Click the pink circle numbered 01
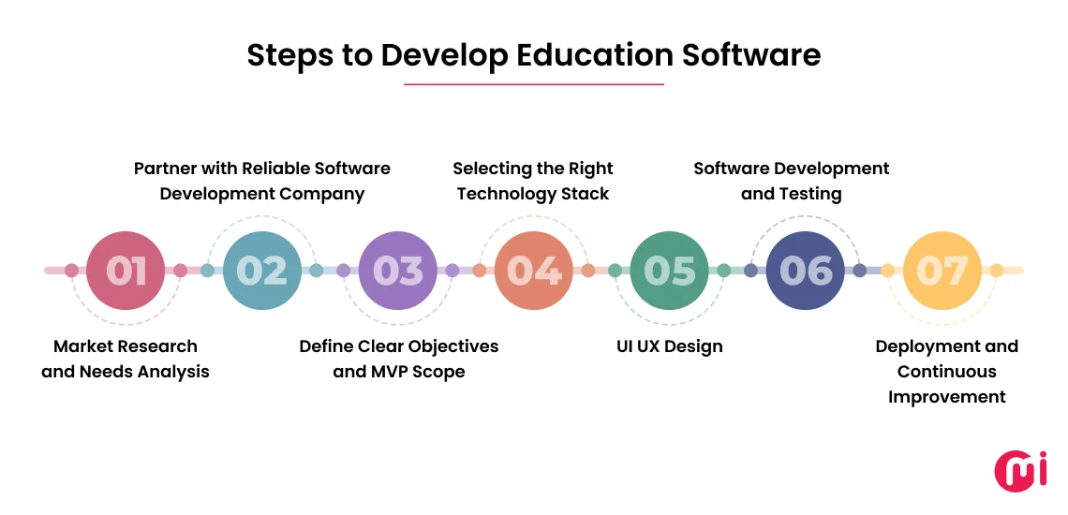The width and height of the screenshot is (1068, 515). click(126, 271)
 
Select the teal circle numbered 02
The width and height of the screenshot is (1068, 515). click(262, 271)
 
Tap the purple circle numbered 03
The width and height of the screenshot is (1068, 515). click(398, 271)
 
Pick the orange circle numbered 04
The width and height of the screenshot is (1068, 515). click(534, 271)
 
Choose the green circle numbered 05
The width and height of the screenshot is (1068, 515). click(670, 271)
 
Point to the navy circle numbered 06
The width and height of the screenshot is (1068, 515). click(806, 271)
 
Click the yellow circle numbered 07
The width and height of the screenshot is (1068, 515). click(942, 271)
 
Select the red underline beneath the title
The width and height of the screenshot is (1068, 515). click(533, 84)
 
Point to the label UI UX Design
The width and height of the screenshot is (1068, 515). click(669, 346)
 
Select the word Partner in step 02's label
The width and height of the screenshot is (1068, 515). click(167, 169)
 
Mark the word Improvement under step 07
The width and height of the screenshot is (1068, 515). click(946, 397)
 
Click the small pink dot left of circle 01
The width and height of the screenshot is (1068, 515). click(71, 271)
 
